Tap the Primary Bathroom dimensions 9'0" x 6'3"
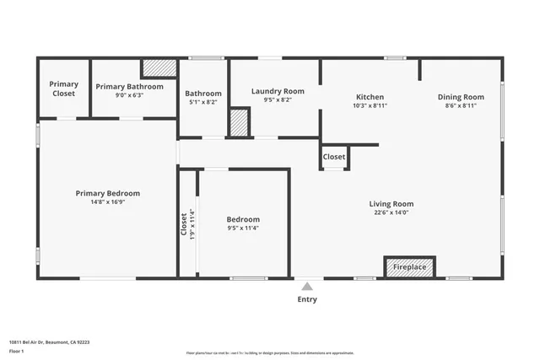pos(129,95)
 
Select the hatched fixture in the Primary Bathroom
pos(158,68)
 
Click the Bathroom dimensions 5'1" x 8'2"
pos(203,103)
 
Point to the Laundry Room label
pos(278,91)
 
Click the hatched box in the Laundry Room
pos(240,122)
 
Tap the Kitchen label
pos(370,97)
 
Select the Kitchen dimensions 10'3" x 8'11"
pos(370,106)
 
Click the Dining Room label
pos(461,97)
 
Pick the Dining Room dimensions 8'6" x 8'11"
pos(461,106)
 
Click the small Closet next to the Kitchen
pos(334,157)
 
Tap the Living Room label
pos(391,203)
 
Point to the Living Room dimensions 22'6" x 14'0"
pos(391,212)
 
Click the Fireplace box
pos(410,267)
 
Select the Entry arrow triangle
pos(307,287)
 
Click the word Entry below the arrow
pos(307,299)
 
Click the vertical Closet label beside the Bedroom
pos(184,223)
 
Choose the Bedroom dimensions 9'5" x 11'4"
pos(243,228)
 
